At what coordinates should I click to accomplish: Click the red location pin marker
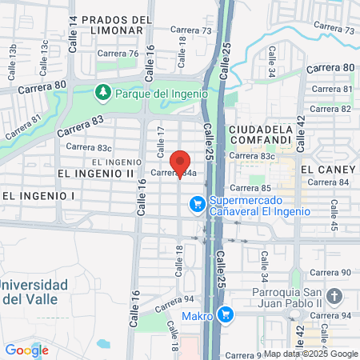(180, 162)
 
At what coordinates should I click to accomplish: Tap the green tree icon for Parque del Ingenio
(102, 93)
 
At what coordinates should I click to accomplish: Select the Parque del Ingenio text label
(161, 93)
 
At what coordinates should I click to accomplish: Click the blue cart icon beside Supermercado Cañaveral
(196, 206)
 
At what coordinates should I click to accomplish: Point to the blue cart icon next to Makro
(226, 315)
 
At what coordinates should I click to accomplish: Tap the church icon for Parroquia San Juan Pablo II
(334, 297)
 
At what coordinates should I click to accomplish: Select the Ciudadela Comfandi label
(258, 134)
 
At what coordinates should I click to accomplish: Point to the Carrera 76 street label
(118, 54)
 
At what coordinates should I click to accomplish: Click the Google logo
(26, 350)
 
